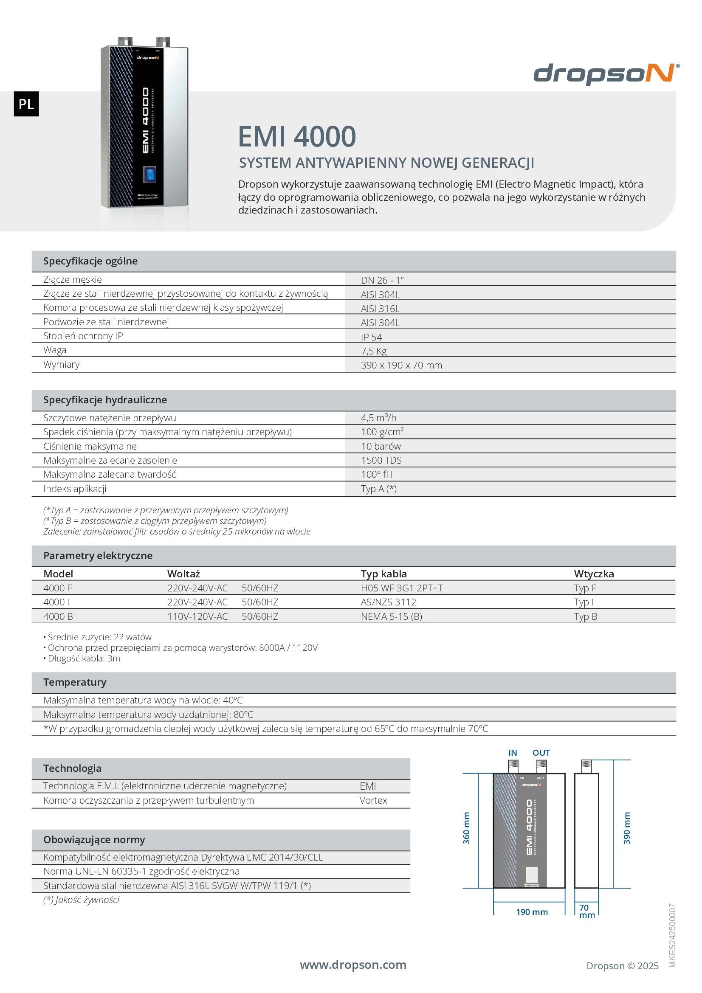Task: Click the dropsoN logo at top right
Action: tap(606, 73)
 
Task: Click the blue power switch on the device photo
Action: tap(149, 174)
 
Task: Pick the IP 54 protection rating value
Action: tap(371, 337)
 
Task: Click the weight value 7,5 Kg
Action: tap(374, 351)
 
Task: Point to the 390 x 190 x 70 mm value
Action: tap(401, 365)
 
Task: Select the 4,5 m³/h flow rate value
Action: tap(378, 418)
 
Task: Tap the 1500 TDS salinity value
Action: tap(381, 460)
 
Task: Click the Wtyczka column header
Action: tap(593, 574)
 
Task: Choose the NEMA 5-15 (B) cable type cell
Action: tap(391, 616)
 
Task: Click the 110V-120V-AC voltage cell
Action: tap(197, 616)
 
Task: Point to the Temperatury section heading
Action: tap(74, 682)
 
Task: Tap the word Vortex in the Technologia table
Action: tap(373, 801)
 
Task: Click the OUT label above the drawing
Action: tap(541, 753)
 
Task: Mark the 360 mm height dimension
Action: tap(466, 828)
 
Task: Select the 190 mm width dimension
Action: tap(532, 912)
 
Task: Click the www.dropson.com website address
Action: tap(353, 965)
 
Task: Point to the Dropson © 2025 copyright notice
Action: tap(622, 966)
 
